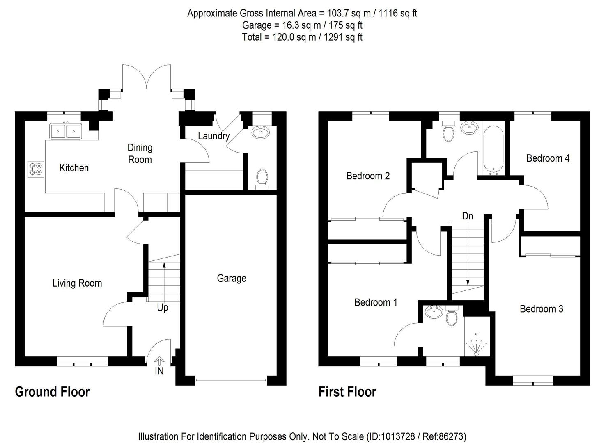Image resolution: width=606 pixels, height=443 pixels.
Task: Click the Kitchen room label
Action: (x=74, y=168)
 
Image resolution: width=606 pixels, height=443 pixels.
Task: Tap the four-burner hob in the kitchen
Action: (x=36, y=169)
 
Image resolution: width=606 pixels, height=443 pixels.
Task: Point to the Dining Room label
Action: (x=140, y=153)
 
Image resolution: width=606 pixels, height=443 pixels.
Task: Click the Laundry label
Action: (x=213, y=136)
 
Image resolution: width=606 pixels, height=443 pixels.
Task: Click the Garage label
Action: (x=232, y=279)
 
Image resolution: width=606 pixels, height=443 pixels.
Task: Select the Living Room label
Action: (x=77, y=283)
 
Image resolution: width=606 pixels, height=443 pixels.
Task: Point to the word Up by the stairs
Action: (x=163, y=308)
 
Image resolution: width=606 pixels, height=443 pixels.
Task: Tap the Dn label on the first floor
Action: (x=467, y=216)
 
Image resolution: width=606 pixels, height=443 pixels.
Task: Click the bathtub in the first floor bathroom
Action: (x=493, y=151)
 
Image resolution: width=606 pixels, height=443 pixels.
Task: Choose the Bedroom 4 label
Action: (x=548, y=158)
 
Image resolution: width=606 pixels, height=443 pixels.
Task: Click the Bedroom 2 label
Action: (x=368, y=176)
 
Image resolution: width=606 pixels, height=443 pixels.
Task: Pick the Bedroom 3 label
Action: (x=541, y=309)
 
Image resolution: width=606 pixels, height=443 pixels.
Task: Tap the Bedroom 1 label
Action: (x=376, y=302)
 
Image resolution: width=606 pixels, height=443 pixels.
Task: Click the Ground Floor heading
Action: (x=52, y=392)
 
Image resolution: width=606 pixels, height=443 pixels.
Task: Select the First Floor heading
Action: (x=347, y=392)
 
